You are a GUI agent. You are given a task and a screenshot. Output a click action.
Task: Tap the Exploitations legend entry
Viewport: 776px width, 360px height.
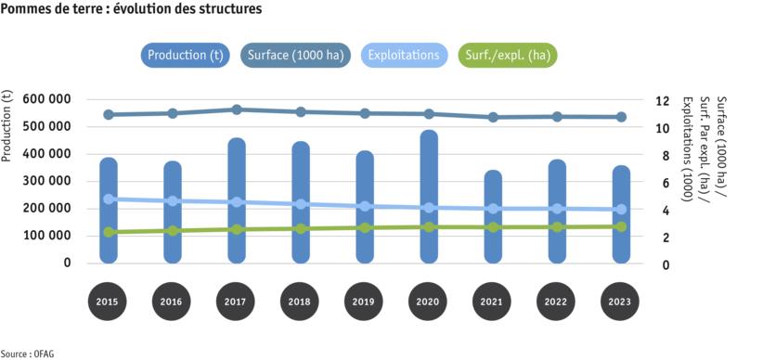[x=403, y=55]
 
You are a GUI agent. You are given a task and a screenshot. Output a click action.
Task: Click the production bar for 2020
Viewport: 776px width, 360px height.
[x=430, y=197]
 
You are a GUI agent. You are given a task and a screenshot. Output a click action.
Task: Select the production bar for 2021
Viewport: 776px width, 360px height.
[x=493, y=216]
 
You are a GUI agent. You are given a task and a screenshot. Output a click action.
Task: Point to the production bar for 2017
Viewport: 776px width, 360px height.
[x=237, y=200]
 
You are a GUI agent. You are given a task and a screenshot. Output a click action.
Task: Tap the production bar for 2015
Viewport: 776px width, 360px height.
[x=109, y=210]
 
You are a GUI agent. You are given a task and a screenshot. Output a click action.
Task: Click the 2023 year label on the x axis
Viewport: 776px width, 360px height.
[x=621, y=302]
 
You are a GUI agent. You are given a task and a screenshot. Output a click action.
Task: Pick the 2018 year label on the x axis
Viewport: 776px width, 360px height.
[x=301, y=302]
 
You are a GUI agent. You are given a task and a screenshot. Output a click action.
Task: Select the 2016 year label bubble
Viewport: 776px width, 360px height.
[x=173, y=302]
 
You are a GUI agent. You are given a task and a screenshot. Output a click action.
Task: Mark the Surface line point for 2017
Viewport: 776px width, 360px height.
[x=237, y=109]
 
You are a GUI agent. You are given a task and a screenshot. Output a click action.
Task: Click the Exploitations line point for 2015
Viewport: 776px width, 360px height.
[x=109, y=199]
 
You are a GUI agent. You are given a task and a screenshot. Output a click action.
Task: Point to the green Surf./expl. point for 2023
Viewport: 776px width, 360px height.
[x=621, y=226]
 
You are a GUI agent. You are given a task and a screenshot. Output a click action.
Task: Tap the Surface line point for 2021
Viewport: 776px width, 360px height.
[x=493, y=117]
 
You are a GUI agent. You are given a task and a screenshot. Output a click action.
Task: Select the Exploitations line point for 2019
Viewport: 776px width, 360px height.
[x=365, y=206]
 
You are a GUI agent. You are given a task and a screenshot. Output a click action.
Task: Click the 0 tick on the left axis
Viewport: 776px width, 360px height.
[x=67, y=264]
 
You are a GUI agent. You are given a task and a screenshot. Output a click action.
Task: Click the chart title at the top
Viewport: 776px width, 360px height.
[x=131, y=8]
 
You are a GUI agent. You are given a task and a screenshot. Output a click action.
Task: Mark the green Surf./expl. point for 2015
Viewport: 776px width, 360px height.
[x=109, y=232]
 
